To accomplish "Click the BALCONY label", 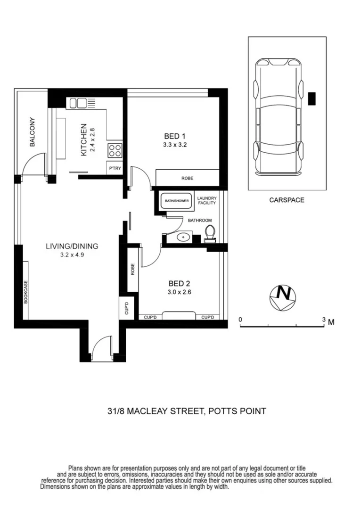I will (33, 132).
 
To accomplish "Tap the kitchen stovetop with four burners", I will (115, 150).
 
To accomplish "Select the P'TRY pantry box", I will (114, 168).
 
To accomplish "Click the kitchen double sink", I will (79, 103).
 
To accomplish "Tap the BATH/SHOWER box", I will (177, 201).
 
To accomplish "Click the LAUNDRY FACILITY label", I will (206, 200).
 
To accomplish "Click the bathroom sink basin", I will (183, 237).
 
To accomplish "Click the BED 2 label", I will (179, 283).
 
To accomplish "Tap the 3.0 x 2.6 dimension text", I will (179, 292).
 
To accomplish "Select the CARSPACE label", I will (286, 200).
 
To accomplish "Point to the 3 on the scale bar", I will (324, 320).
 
